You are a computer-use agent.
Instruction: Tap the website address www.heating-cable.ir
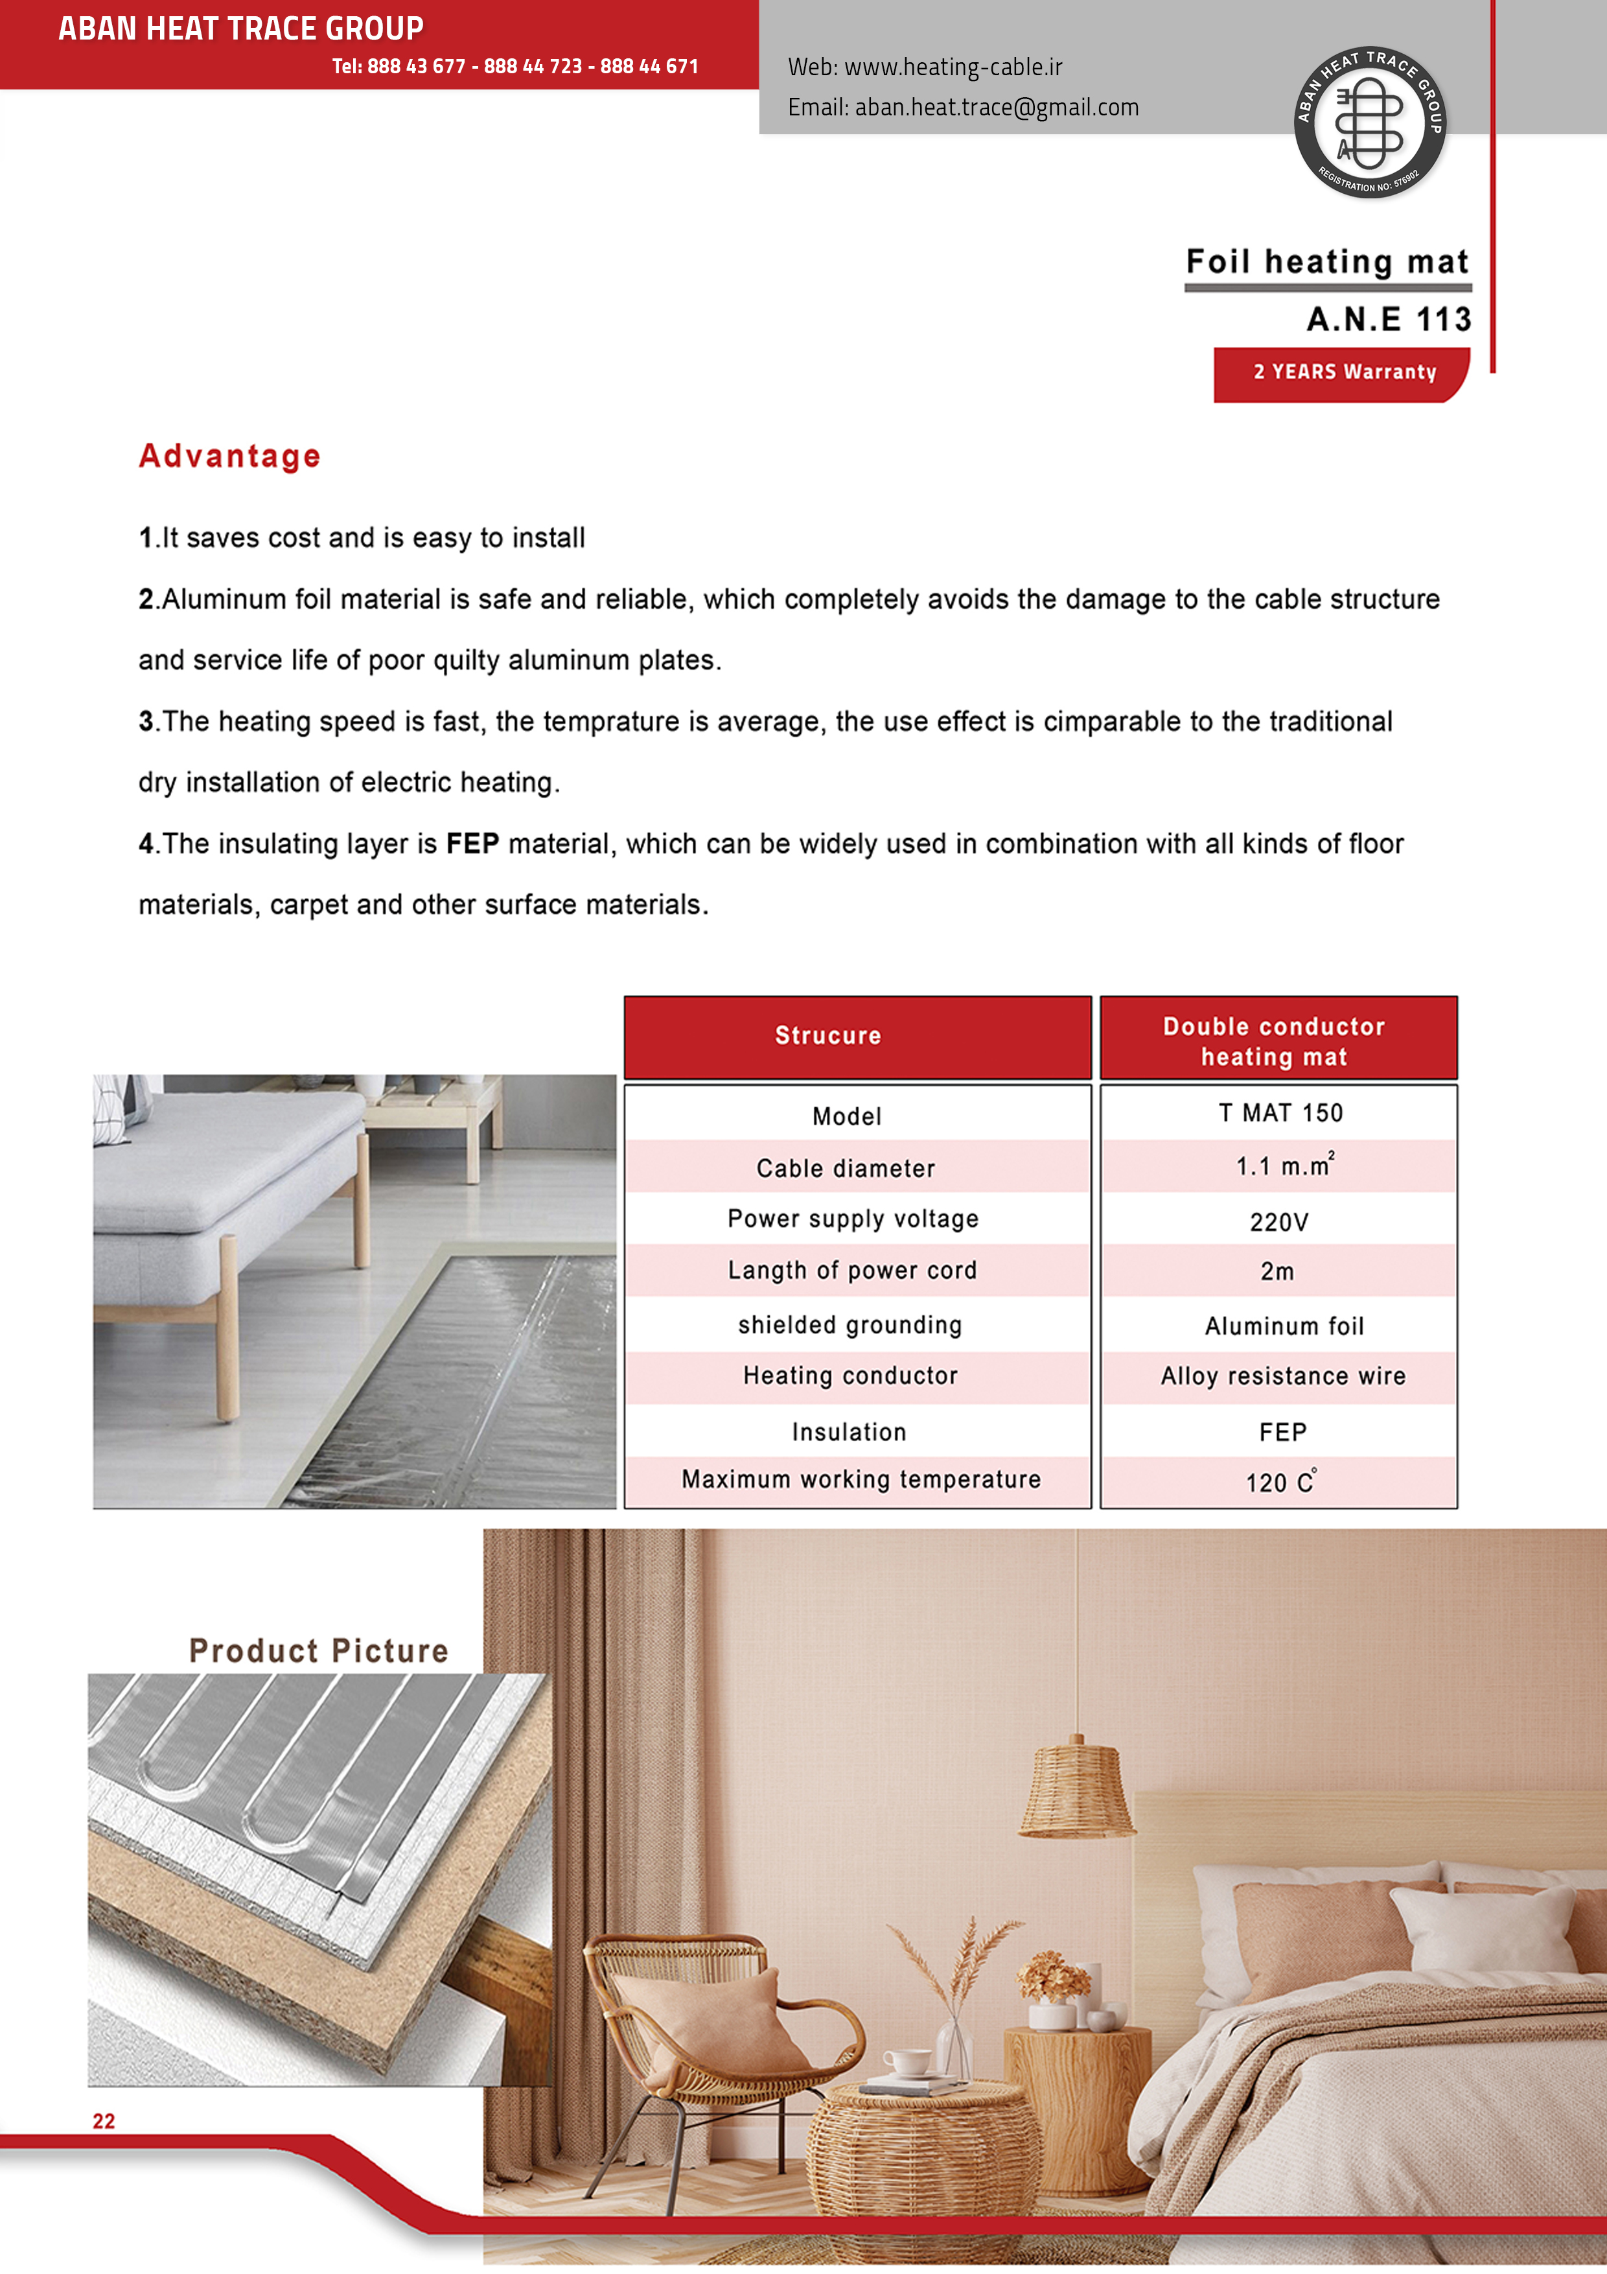[x=953, y=67]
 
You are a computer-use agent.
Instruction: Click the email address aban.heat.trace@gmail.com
[x=996, y=107]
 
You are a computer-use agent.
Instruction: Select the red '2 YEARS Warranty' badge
[x=1343, y=372]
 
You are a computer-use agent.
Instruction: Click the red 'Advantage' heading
[x=230, y=456]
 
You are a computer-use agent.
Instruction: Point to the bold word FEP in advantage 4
[x=472, y=844]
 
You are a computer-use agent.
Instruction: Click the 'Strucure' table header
[x=827, y=1036]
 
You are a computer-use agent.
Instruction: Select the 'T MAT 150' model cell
[x=1280, y=1113]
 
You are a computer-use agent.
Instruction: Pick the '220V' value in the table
[x=1278, y=1222]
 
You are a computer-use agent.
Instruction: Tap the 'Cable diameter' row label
[x=846, y=1169]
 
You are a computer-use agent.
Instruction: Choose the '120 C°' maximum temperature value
[x=1281, y=1482]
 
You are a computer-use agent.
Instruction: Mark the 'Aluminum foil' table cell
[x=1283, y=1326]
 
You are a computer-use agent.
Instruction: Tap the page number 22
[x=104, y=2120]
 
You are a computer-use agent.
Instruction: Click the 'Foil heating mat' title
[x=1327, y=263]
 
